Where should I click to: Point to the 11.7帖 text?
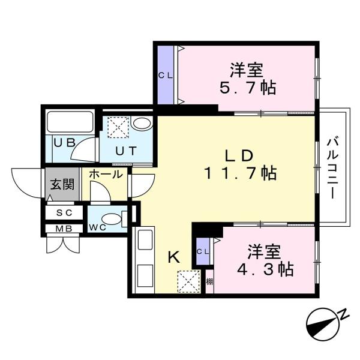coord(238,174)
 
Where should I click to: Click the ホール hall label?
coord(106,175)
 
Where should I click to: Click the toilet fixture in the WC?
coord(115,218)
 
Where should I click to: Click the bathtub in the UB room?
coord(70,123)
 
